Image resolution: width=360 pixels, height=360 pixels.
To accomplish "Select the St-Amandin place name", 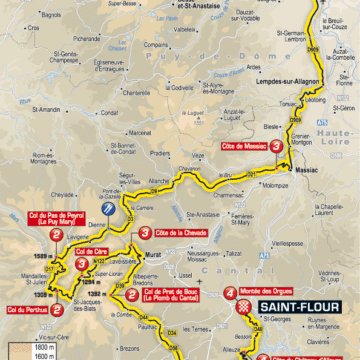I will coord(19,117).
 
